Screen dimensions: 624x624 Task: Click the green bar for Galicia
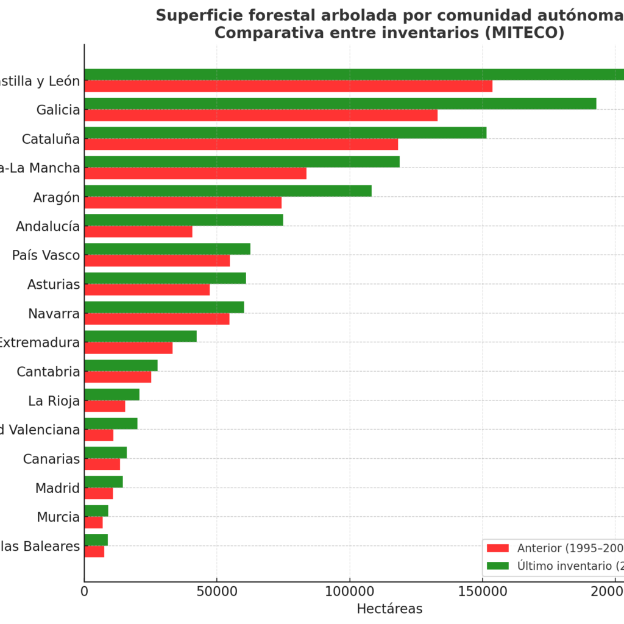coord(340,104)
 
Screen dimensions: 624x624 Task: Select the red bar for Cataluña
coord(241,144)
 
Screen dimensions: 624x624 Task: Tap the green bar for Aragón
coord(228,191)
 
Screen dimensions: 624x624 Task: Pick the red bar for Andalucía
coord(138,232)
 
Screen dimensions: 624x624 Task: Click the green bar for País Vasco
coord(167,249)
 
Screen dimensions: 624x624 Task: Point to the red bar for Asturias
coord(147,289)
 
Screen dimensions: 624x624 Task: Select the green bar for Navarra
coord(164,307)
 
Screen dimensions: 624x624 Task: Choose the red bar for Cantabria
coord(118,377)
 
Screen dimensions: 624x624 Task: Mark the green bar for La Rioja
coord(112,394)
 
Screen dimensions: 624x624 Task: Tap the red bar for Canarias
coord(102,464)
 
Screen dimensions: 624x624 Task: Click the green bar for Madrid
coord(104,482)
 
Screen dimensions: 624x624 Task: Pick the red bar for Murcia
coord(93,523)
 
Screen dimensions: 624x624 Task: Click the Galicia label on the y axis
coord(58,110)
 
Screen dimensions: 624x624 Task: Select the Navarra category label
coord(54,314)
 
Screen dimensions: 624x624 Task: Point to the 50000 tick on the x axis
coord(217,590)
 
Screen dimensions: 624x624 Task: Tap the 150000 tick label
coord(483,590)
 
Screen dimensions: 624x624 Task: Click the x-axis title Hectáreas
coord(389,609)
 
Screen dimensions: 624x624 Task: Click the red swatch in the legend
coord(498,548)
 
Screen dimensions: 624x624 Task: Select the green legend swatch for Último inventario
coord(498,565)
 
